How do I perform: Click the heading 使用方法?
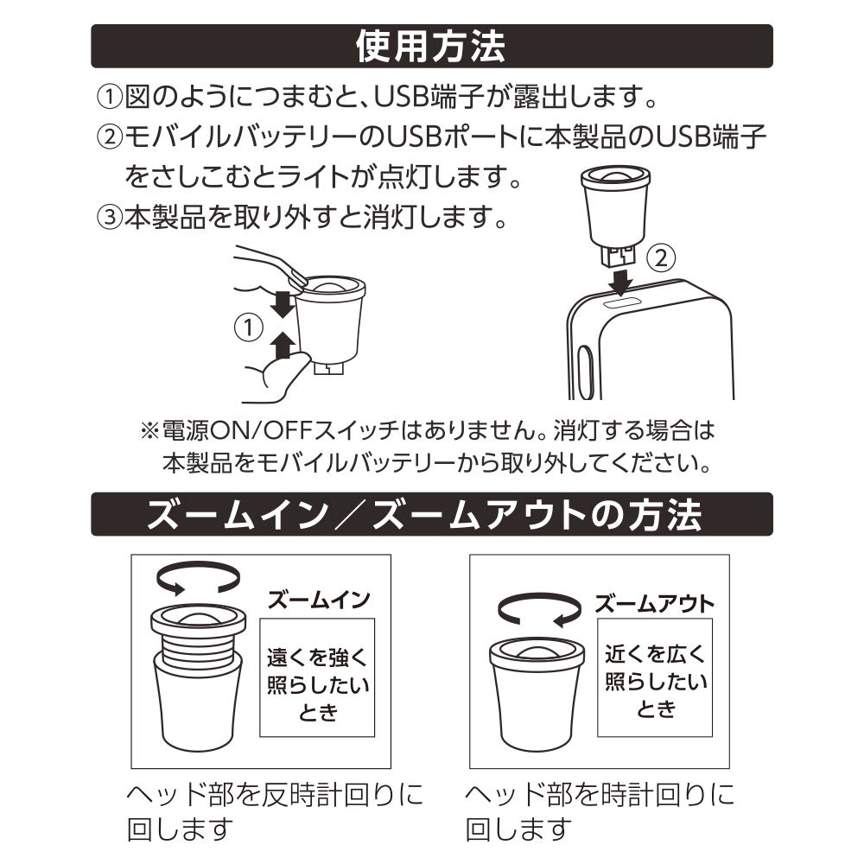[x=430, y=47]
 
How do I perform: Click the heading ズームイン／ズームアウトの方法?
[x=424, y=515]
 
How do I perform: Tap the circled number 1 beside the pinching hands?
[x=249, y=327]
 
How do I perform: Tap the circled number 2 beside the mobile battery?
[x=661, y=257]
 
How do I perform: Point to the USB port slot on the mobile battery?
[x=623, y=302]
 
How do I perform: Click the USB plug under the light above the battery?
[x=617, y=257]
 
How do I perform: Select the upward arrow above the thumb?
[x=283, y=345]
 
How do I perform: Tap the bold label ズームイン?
[x=319, y=600]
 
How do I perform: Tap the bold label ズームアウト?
[x=654, y=604]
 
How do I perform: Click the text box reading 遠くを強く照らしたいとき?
[x=317, y=677]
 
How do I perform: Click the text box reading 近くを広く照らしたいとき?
[x=655, y=677]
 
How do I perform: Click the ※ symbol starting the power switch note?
[x=149, y=431]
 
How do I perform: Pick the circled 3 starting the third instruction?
[x=110, y=218]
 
